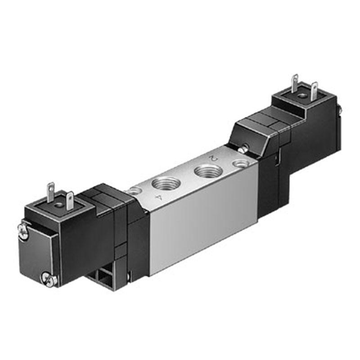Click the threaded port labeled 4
(166, 183)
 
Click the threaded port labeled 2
(208, 171)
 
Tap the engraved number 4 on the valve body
(158, 197)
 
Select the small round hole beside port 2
(240, 164)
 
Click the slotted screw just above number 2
(243, 149)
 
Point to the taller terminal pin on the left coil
(50, 193)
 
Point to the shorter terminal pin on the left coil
(70, 201)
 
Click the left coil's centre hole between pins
(60, 204)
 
